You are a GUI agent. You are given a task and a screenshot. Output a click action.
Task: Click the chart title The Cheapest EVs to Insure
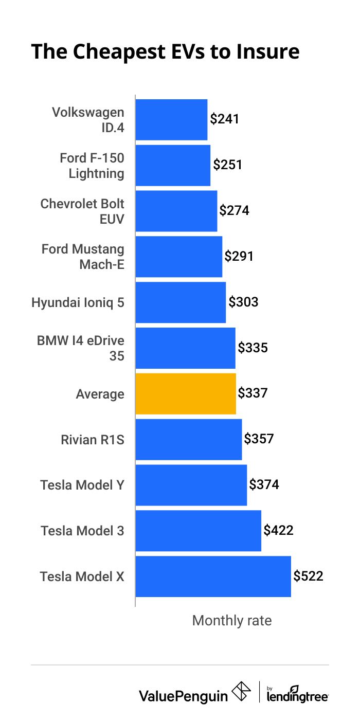(x=165, y=52)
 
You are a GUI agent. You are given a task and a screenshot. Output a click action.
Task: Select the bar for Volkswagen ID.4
(x=171, y=120)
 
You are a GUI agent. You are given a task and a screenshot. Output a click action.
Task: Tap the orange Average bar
(x=186, y=394)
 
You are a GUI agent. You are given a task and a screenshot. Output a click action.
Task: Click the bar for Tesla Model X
(x=213, y=576)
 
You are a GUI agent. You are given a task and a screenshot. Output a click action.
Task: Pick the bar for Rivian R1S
(x=188, y=440)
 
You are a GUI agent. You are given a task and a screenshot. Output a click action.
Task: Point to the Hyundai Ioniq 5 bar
(x=181, y=302)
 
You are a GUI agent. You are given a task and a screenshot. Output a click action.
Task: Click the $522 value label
(x=308, y=576)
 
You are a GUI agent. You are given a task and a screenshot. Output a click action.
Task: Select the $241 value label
(x=225, y=119)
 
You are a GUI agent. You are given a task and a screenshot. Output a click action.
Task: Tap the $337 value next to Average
(x=253, y=393)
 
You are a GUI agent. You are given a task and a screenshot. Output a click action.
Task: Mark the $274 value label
(x=234, y=211)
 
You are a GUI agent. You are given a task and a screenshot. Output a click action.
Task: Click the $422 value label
(x=278, y=530)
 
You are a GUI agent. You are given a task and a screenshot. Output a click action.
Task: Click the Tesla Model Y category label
(x=82, y=485)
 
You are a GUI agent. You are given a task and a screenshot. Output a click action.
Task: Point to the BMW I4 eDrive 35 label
(x=81, y=348)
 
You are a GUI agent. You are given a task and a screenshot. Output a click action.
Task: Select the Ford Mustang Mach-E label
(x=83, y=257)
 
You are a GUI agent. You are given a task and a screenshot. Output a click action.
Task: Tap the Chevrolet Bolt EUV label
(x=82, y=211)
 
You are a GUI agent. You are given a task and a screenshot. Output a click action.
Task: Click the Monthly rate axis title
(x=231, y=621)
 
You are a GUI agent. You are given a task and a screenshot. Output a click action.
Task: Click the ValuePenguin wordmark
(x=183, y=696)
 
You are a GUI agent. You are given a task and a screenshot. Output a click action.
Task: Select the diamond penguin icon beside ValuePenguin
(x=242, y=692)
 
